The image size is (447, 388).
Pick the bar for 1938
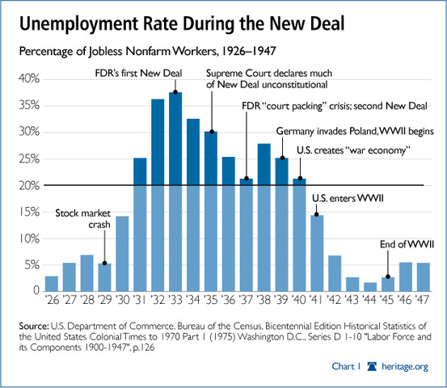tap(263, 218)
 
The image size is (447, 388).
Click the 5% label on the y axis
tap(29, 265)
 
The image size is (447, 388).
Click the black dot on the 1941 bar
tap(316, 215)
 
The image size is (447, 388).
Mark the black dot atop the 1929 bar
tap(105, 264)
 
